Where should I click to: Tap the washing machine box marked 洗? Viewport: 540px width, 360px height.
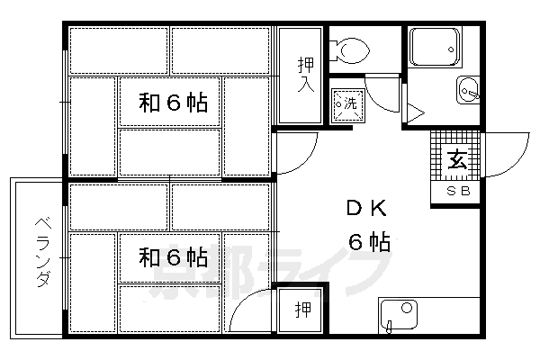tap(346, 103)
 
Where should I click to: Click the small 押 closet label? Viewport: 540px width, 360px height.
tap(303, 310)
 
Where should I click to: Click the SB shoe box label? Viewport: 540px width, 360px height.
tap(456, 193)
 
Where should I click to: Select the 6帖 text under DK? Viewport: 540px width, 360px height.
tap(369, 241)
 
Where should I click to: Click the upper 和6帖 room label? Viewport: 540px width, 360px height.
tap(173, 103)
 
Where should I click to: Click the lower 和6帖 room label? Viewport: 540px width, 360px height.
tap(173, 258)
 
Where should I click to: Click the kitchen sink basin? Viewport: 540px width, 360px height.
tap(397, 315)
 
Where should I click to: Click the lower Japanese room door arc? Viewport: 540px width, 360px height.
tap(250, 310)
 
